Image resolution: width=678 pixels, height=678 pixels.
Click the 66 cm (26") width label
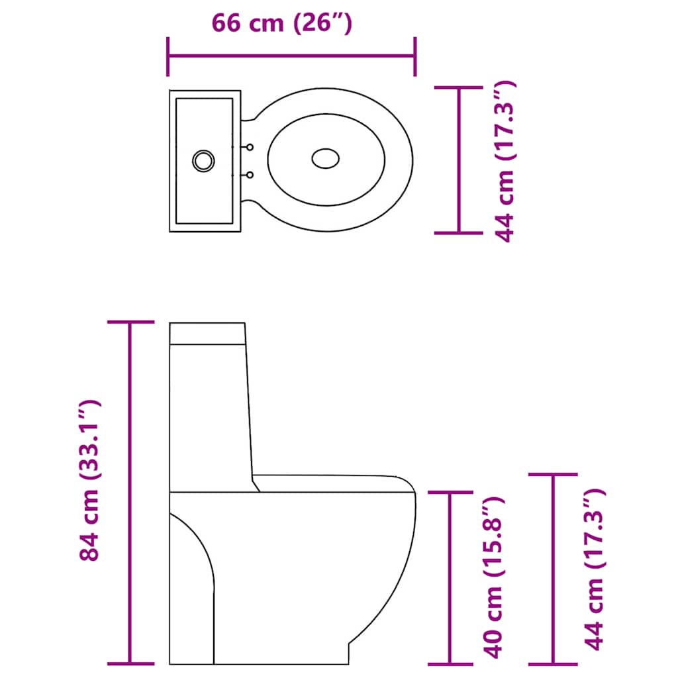(281, 23)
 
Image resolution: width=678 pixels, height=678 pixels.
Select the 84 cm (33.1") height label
(89, 481)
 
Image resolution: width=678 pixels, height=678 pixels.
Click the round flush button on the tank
(203, 160)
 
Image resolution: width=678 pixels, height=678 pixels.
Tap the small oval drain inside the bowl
(325, 158)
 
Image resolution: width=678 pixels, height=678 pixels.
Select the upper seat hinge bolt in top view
(250, 147)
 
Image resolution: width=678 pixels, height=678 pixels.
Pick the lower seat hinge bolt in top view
(250, 175)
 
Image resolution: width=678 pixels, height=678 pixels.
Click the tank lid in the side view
(207, 333)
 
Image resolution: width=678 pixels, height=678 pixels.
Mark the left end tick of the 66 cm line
(169, 56)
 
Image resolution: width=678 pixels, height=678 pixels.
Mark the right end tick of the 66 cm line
(415, 56)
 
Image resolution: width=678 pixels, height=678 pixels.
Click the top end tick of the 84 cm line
(130, 322)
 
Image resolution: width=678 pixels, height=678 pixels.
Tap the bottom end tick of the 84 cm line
(130, 663)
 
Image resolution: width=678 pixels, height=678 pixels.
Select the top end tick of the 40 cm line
(451, 492)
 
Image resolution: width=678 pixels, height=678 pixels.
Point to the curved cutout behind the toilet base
(195, 576)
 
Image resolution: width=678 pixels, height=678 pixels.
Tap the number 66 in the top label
(226, 23)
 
